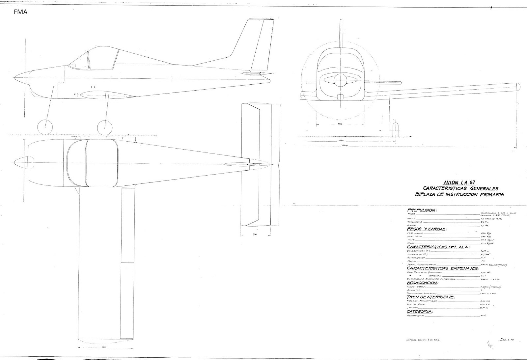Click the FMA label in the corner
pos(21,13)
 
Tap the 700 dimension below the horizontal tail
pos(255,234)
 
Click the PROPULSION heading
pos(422,210)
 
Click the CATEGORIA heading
pos(420,311)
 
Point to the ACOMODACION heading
pos(423,283)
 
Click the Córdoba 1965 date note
pos(421,340)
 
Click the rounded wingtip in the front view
pos(517,87)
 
